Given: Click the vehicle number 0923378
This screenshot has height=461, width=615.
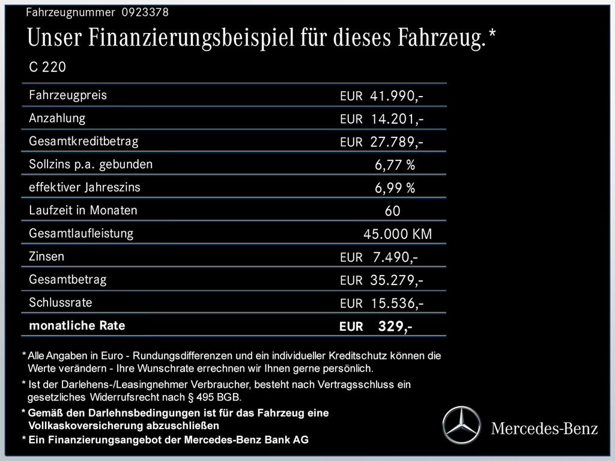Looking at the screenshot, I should point(145,12).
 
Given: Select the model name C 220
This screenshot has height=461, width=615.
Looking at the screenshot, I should point(47,67).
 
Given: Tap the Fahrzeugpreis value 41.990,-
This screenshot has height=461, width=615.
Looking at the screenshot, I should point(397,96).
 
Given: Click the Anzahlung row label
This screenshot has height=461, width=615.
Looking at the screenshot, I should point(57,118).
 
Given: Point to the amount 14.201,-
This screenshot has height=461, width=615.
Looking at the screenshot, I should point(397,119).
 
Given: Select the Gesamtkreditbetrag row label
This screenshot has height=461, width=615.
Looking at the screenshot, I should point(83,142).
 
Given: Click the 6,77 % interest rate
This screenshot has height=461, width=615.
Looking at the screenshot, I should point(395,165).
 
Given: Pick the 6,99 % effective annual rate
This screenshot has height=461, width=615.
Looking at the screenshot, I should point(395,188).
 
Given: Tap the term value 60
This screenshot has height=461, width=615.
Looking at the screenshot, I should point(392,211).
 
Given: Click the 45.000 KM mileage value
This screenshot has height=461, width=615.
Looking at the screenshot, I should point(398,234).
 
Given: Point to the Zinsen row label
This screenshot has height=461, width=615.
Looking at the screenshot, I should point(46,257).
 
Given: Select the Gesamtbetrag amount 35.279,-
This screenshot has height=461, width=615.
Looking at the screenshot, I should point(397,280).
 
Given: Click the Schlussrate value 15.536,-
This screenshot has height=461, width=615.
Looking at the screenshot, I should point(397,303).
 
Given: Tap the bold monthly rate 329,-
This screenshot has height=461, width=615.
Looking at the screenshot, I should point(395,327).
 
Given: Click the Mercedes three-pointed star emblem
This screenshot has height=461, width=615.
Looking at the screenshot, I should point(462,424).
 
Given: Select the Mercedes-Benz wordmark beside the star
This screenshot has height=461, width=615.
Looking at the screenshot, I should point(545,428).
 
